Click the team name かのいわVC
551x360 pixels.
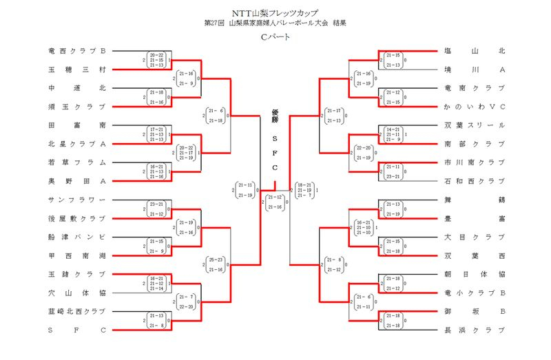(475, 107)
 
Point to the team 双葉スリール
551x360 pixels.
(475, 125)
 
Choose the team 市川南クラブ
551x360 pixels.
(475, 162)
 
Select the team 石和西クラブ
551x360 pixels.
(475, 181)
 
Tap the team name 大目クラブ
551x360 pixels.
(475, 237)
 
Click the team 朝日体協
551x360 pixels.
(475, 274)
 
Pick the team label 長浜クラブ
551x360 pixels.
(475, 330)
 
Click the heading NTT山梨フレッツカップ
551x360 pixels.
(275, 12)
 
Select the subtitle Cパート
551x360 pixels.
(275, 36)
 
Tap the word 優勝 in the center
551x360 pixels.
(275, 119)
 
